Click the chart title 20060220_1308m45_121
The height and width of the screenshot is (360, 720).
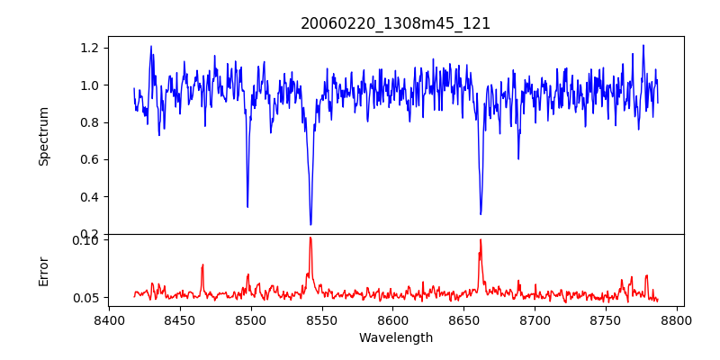tap(395, 23)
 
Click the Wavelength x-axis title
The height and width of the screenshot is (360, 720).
tap(395, 338)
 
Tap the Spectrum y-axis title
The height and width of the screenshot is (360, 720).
tap(43, 136)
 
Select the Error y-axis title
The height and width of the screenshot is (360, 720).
tap(43, 270)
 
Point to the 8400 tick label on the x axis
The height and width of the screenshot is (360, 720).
tap(109, 319)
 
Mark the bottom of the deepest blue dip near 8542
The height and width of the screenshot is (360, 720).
tap(310, 224)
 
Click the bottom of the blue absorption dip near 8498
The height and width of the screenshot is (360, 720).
tap(247, 207)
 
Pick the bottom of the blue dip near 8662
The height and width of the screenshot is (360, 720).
tap(481, 214)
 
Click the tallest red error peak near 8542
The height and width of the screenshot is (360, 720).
tap(310, 238)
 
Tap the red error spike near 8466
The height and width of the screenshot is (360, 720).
tap(202, 265)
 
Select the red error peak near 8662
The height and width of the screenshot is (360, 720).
tap(481, 239)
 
